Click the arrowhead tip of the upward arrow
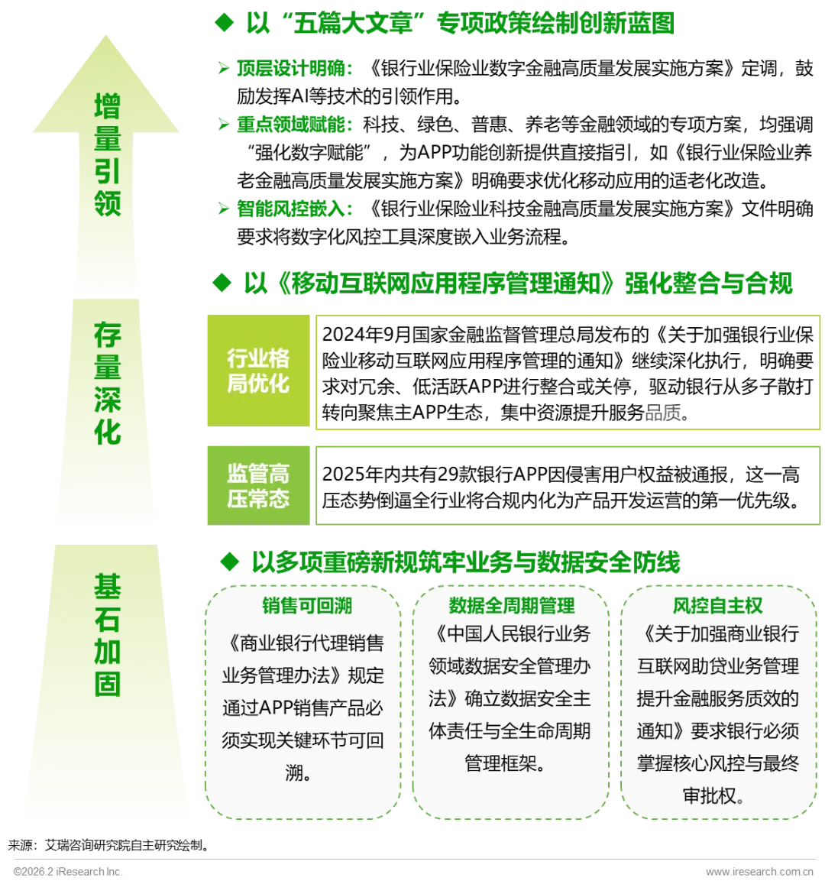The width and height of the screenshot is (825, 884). coord(106,34)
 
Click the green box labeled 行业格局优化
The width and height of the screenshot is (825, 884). coord(258,371)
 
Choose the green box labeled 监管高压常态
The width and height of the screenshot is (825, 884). coord(258,486)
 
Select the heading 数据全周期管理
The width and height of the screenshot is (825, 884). coord(511,606)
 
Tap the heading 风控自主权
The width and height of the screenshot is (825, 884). coord(717,606)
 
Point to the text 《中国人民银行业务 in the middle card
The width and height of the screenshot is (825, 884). coord(509,633)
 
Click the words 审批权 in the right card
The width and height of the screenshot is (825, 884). coord(711,795)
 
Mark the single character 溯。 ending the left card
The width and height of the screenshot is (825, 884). coord(298,773)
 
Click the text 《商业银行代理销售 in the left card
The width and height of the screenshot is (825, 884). coord(303,643)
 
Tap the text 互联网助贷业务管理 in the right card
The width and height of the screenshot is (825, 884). coord(718,665)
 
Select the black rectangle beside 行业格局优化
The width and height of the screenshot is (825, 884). coord(568,373)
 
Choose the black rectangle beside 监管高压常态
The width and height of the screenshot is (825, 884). coord(568,487)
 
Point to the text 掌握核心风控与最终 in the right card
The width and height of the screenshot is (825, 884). coord(718,763)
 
